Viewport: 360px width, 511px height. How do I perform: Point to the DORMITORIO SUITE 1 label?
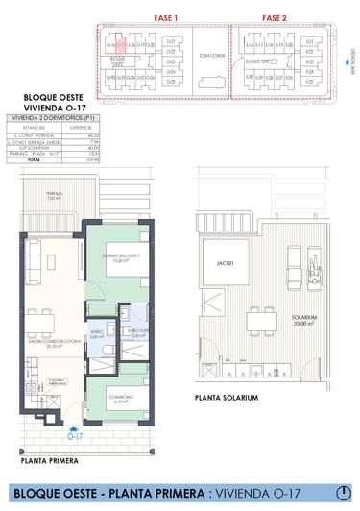coord(123,256)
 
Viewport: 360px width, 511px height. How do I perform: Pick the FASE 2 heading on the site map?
coord(275,17)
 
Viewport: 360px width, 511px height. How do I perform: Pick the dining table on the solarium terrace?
coord(254,320)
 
